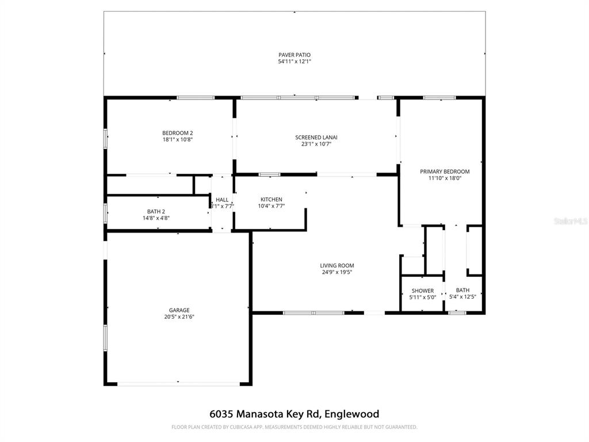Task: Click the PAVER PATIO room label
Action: pos(294,55)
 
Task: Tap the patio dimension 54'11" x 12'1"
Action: pos(294,61)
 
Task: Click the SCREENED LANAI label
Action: pos(316,138)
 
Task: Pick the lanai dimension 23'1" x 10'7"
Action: pos(316,144)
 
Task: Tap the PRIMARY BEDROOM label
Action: pos(445,172)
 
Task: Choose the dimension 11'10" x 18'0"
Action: pos(445,178)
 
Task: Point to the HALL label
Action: pos(222,200)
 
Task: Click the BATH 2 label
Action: pos(156,211)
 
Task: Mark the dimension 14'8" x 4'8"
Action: pos(156,218)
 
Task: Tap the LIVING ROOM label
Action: pos(337,266)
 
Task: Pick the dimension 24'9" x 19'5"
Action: pos(337,272)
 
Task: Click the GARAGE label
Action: pos(179,310)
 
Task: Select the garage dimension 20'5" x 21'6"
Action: pos(179,317)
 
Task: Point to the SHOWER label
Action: pos(422,291)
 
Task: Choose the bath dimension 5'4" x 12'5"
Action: pos(462,297)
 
